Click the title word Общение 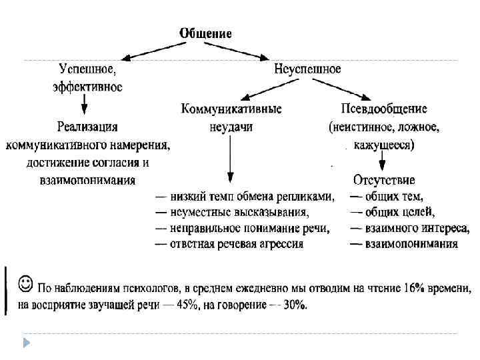click(x=205, y=33)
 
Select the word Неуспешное click(x=308, y=69)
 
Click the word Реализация click(x=87, y=126)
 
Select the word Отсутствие click(x=385, y=180)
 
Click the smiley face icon click(x=24, y=284)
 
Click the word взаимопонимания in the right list click(x=411, y=244)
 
